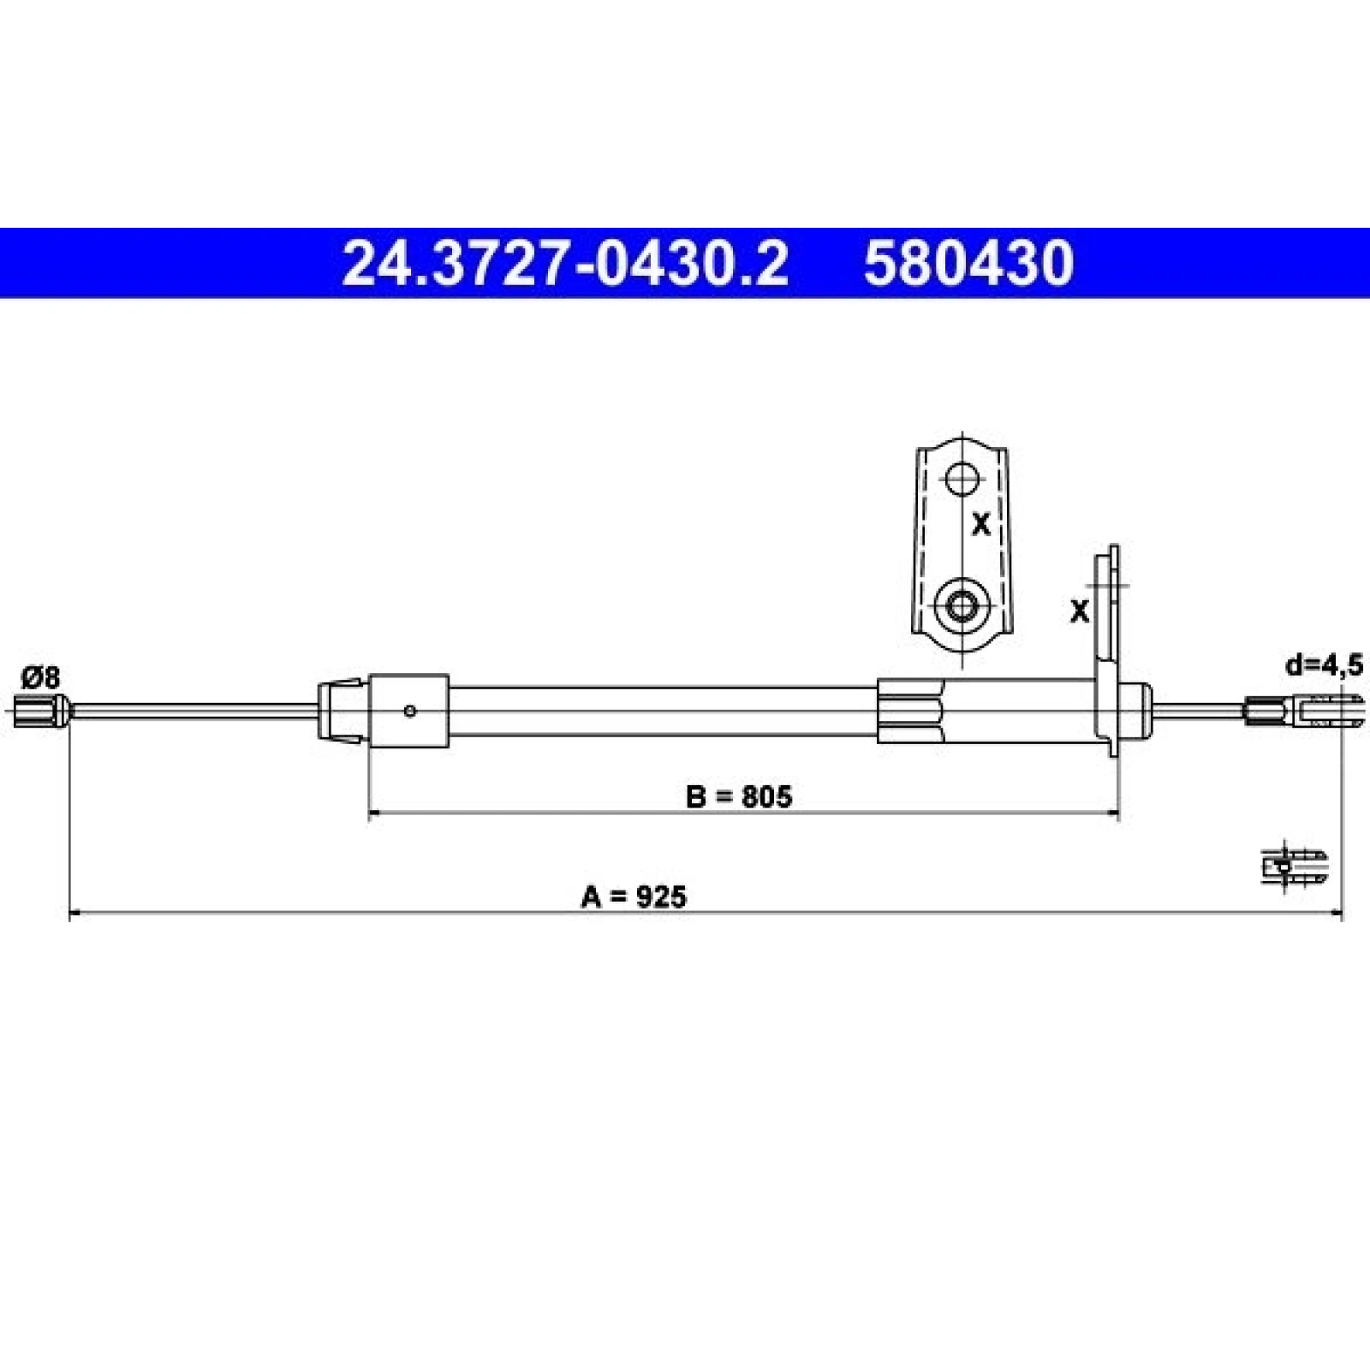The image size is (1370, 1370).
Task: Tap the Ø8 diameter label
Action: (40, 678)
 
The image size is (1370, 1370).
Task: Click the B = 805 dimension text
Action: (740, 796)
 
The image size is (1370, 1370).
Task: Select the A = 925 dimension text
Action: (634, 896)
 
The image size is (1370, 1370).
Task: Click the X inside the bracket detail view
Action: (981, 524)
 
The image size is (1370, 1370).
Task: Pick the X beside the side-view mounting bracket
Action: (1080, 611)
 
